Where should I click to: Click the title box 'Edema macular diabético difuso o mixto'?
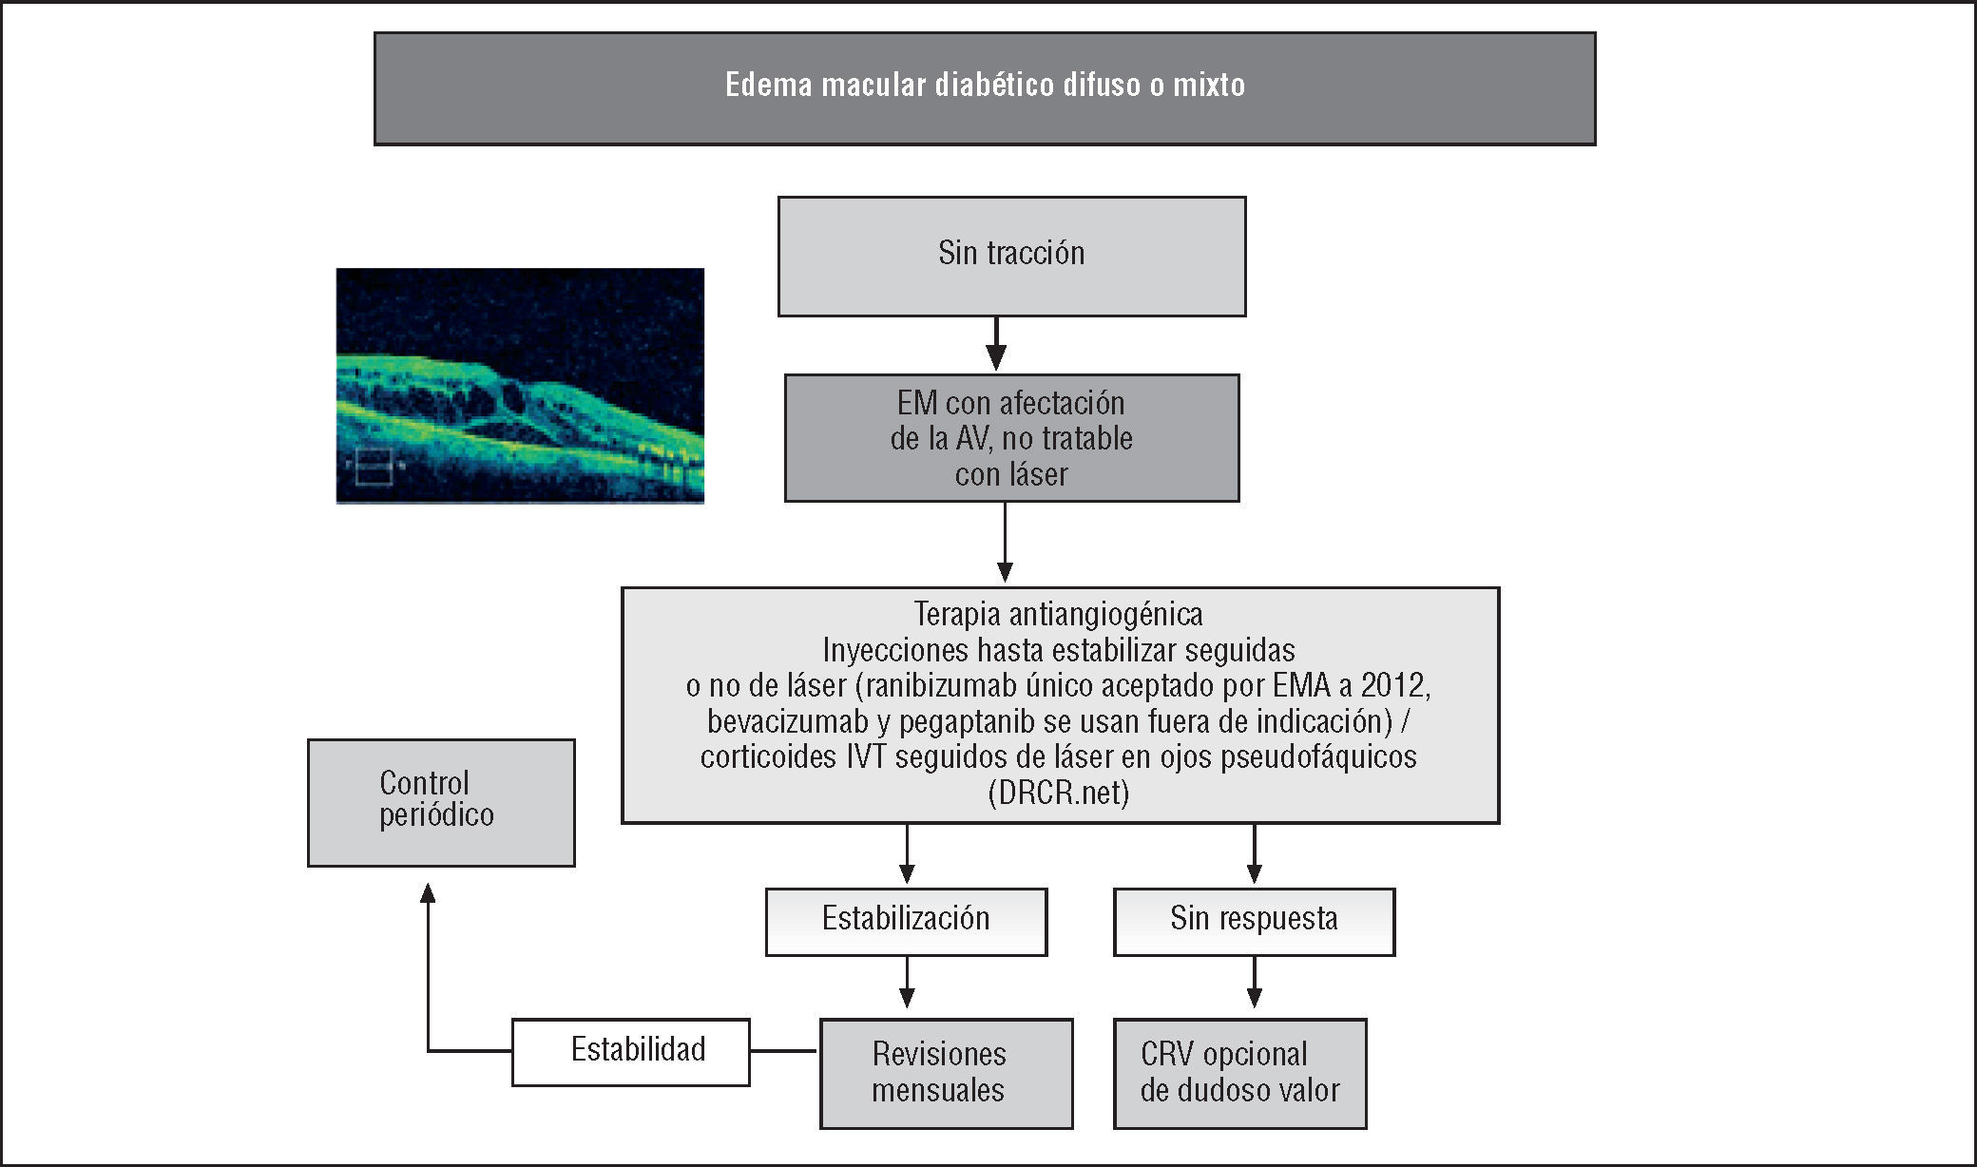tap(985, 88)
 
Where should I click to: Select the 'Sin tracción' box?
tap(1011, 256)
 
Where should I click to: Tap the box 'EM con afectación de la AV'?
tap(1011, 438)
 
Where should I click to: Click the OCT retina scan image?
tap(520, 385)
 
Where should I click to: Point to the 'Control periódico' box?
tap(441, 802)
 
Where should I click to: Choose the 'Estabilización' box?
tap(906, 921)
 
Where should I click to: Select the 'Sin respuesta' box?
tap(1254, 921)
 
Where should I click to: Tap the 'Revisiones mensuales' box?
tap(946, 1073)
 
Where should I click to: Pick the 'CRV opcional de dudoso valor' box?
tap(1239, 1073)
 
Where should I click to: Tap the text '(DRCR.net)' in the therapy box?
tap(1058, 793)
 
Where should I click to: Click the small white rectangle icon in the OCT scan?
tap(373, 466)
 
